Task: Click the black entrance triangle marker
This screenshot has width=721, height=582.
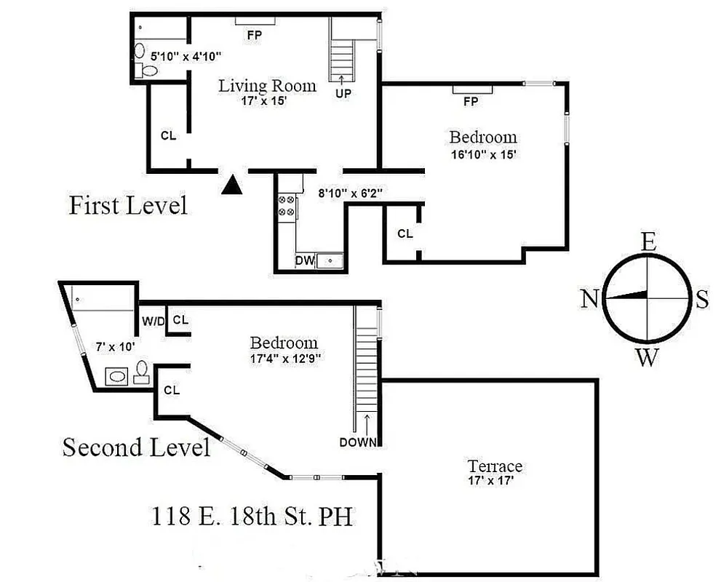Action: [231, 186]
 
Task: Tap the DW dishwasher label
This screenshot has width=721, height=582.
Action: [304, 260]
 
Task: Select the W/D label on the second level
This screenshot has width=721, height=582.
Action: [153, 321]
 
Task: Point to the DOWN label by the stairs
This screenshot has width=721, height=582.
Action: [358, 442]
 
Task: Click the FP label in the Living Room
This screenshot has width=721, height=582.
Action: [254, 34]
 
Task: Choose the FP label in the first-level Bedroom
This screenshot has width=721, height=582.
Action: [471, 102]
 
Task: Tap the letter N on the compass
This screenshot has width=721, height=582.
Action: [589, 298]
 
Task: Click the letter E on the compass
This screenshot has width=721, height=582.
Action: [648, 242]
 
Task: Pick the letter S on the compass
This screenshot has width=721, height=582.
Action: [701, 299]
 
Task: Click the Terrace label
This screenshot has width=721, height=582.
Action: [495, 466]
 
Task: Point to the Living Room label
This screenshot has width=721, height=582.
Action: [268, 86]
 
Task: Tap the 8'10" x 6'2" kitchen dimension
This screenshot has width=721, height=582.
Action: [351, 194]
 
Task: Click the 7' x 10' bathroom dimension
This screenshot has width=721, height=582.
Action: [115, 346]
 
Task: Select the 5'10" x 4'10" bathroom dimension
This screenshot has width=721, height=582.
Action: [186, 55]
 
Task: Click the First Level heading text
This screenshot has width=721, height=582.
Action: [128, 205]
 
